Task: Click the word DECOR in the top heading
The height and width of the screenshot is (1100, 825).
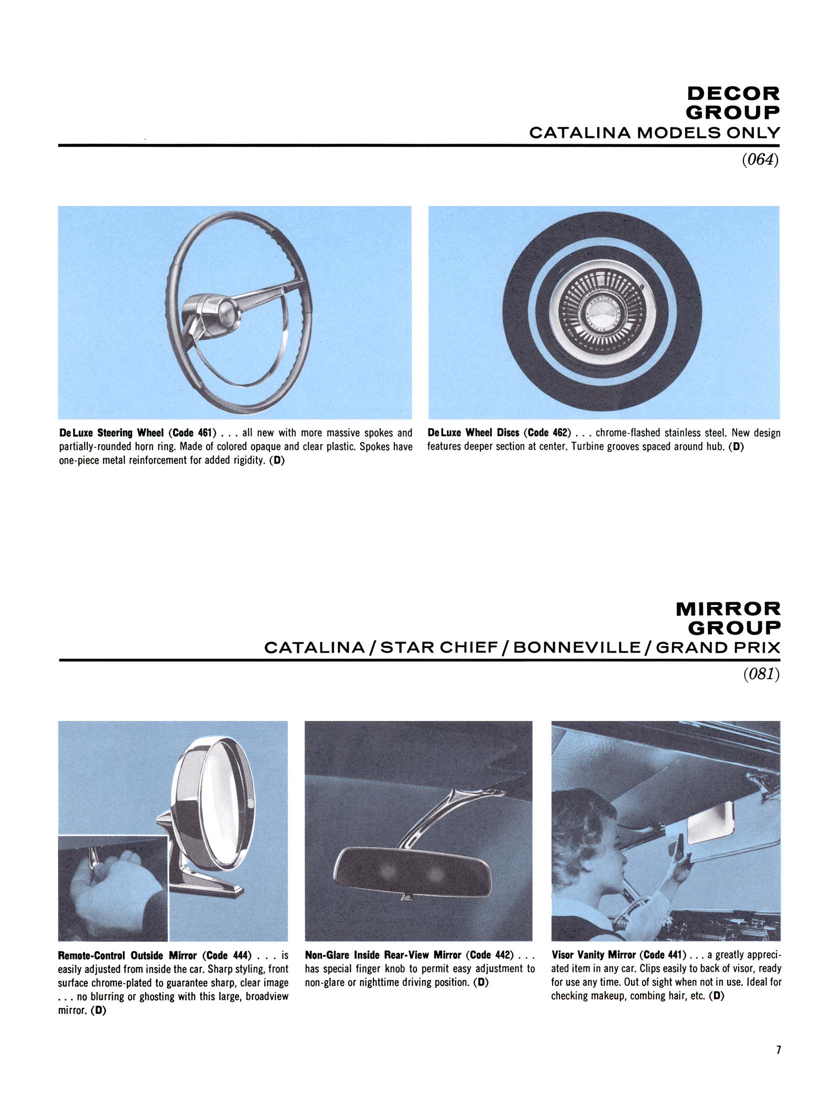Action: tap(733, 93)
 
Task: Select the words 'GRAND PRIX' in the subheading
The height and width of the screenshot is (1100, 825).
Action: tap(718, 648)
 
